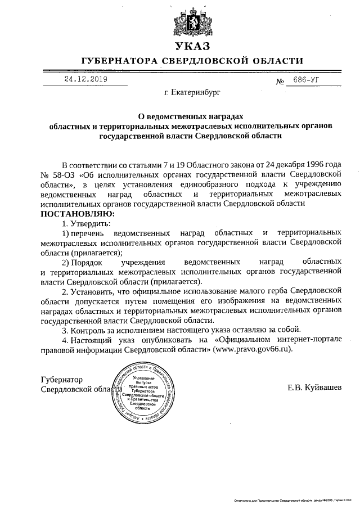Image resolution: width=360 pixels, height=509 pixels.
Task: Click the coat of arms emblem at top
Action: pyautogui.click(x=191, y=21)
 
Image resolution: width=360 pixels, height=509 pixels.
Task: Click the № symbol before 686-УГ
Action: pyautogui.click(x=280, y=82)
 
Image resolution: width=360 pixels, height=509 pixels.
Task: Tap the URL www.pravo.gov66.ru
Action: pyautogui.click(x=253, y=349)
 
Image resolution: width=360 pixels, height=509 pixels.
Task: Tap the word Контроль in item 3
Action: pyautogui.click(x=91, y=330)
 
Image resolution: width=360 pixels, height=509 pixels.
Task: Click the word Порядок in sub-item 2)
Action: pyautogui.click(x=86, y=262)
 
